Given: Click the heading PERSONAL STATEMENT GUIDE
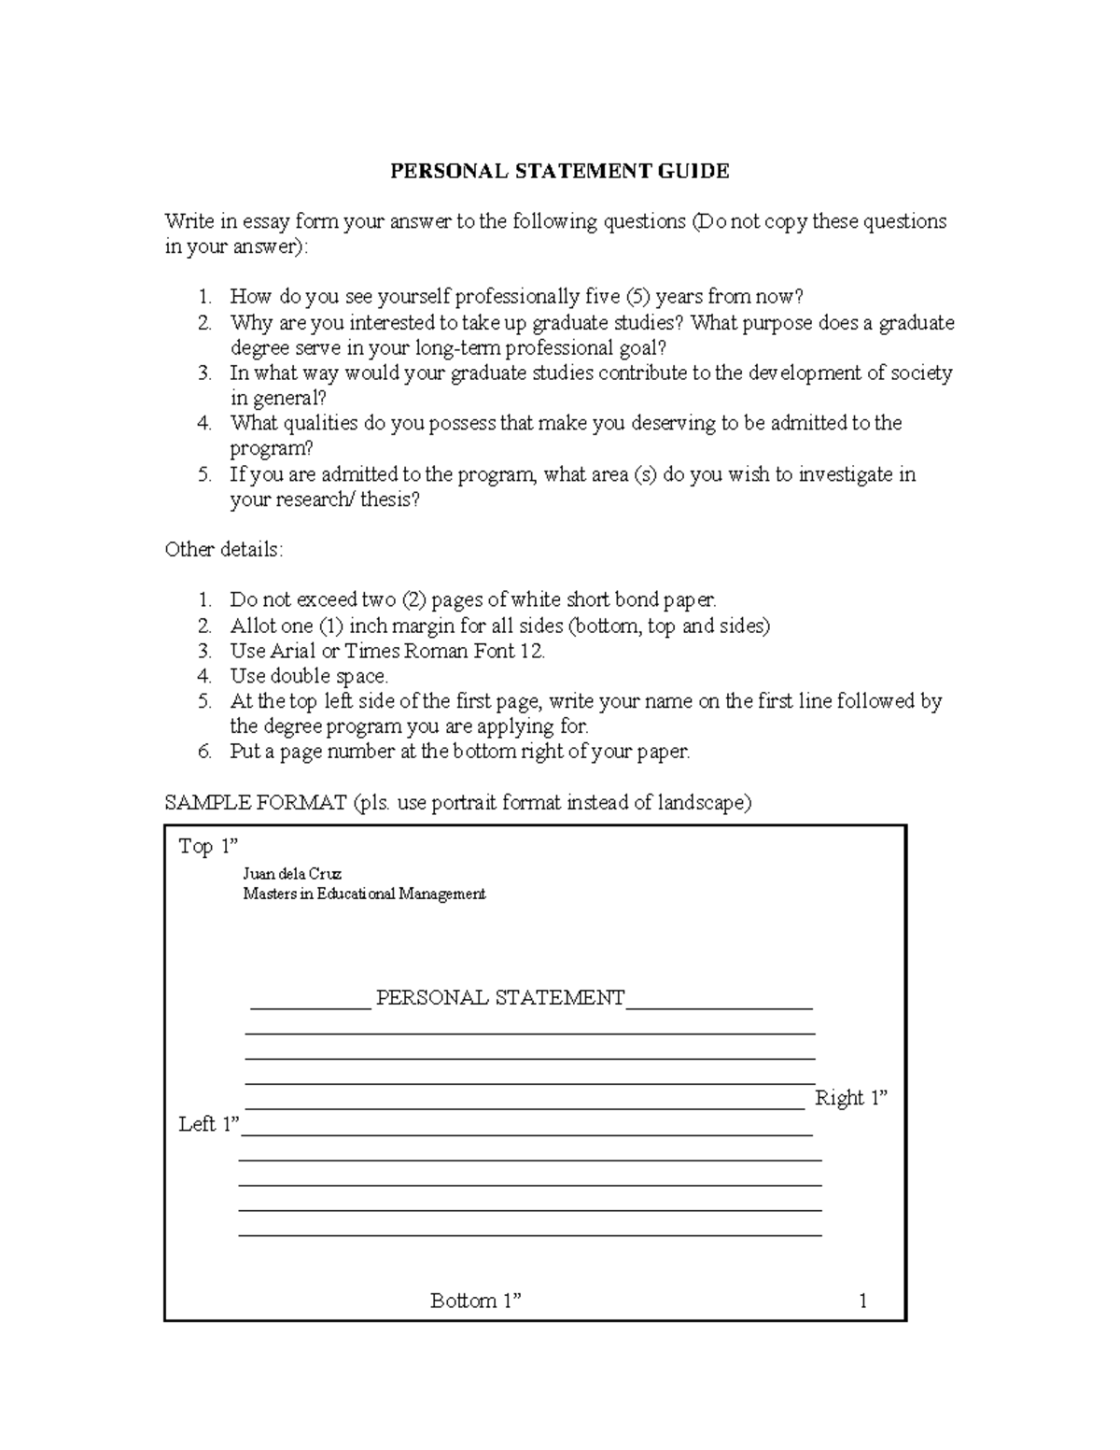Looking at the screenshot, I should (x=559, y=171).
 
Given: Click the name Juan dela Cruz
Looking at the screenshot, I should (x=292, y=874).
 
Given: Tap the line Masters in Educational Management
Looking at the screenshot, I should (x=364, y=894).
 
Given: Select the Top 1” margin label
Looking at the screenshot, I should (x=208, y=847).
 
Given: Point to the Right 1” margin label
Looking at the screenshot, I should (x=850, y=1098).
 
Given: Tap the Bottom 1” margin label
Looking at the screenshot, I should (x=475, y=1301).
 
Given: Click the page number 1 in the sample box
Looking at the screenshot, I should (x=862, y=1301).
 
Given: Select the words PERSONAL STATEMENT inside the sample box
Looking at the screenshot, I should (x=499, y=998).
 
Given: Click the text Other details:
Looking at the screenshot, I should (x=223, y=549).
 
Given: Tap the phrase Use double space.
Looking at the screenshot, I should (x=309, y=676).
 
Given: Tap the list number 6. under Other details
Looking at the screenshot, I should (x=205, y=752).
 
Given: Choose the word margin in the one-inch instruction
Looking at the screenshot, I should (x=427, y=626).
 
